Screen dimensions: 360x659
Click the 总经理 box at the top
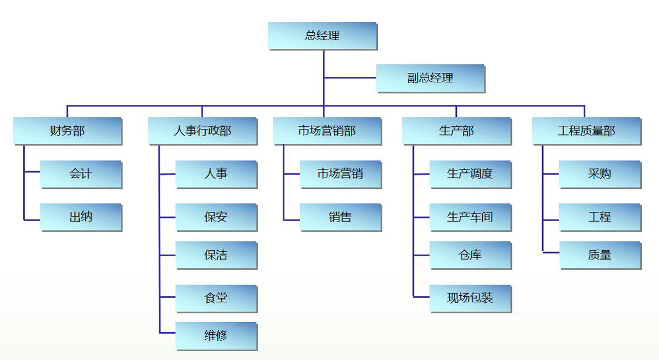click(322, 36)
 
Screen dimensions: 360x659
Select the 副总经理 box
click(430, 78)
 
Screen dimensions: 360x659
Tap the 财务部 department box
click(67, 131)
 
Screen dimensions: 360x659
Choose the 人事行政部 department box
click(202, 131)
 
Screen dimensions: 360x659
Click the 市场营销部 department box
click(327, 131)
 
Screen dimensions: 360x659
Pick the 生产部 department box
click(456, 131)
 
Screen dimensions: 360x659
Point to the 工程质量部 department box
click(586, 131)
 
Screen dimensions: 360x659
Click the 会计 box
click(81, 174)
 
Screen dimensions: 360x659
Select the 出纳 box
click(81, 217)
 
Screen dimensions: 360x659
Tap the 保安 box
click(216, 217)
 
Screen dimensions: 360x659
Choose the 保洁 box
click(216, 255)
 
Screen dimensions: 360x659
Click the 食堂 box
click(216, 298)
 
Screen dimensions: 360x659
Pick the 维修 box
click(216, 335)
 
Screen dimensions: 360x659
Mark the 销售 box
click(340, 217)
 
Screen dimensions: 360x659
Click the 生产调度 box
click(470, 174)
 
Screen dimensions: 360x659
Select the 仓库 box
click(470, 255)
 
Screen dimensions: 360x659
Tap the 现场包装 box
click(470, 298)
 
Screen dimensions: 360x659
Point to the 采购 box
click(600, 174)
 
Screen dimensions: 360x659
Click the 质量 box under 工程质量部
click(600, 255)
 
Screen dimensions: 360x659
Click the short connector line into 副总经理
click(350, 78)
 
